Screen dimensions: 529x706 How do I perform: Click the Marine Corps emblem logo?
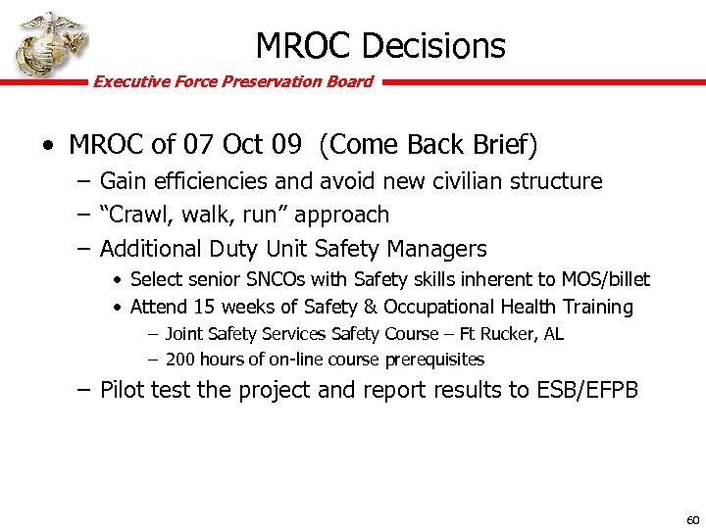point(48,45)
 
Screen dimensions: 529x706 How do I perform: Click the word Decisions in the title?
point(433,45)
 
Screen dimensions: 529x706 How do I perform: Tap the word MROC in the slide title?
point(303,45)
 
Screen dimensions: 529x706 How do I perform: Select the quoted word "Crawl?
point(138,215)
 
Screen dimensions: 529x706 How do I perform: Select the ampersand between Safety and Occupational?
point(369,307)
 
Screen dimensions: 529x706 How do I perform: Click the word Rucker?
point(499,334)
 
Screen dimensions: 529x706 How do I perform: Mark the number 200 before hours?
point(181,360)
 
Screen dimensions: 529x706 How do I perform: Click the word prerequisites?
point(435,360)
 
